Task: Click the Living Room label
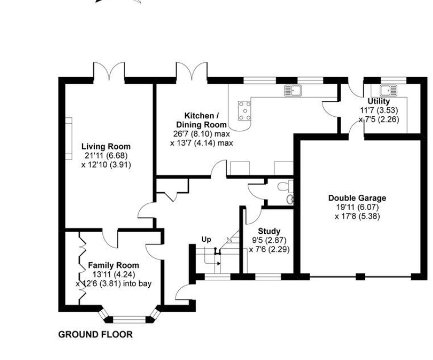pos(106,146)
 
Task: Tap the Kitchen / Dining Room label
pos(201,120)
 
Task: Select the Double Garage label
pos(357,198)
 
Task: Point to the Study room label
pos(269,231)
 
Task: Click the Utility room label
pos(379,101)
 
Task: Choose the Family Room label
pos(113,266)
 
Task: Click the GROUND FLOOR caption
pos(95,335)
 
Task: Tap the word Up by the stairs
pos(206,240)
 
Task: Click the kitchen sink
pos(293,91)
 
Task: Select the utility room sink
pos(388,91)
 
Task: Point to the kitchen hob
pos(245,111)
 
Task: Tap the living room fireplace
pos(69,138)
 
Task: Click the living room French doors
pos(109,73)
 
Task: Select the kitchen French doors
pos(192,73)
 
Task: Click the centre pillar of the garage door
pos(360,277)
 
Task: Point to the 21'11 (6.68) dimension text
pos(106,156)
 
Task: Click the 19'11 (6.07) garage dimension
pos(358,207)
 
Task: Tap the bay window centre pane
pos(129,320)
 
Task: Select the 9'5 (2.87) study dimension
pos(269,240)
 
